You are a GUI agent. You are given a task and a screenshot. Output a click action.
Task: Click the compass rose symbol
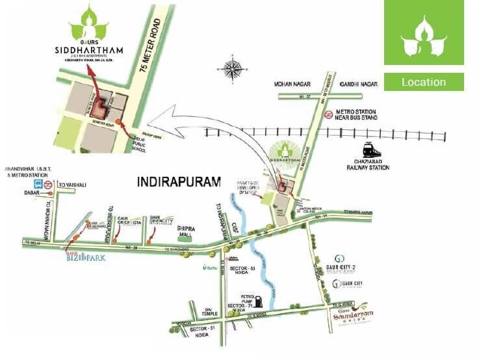[232, 68]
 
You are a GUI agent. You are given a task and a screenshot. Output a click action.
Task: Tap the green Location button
[423, 82]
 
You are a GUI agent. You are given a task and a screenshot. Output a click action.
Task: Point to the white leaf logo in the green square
[423, 36]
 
